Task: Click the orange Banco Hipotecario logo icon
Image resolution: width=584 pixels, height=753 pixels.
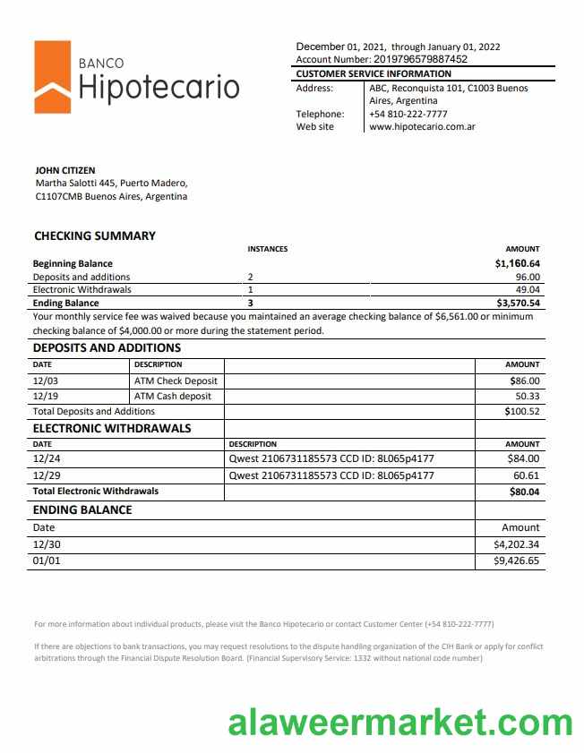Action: [52, 77]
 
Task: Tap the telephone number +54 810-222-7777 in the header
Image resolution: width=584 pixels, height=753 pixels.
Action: [408, 114]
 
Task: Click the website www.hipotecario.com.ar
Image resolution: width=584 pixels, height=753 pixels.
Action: [422, 127]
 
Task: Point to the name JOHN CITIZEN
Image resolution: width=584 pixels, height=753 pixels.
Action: [64, 170]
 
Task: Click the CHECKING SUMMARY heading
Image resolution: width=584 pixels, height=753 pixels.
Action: [94, 235]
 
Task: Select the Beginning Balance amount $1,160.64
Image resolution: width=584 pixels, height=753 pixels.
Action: [517, 264]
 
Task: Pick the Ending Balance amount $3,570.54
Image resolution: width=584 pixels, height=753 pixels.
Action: [517, 304]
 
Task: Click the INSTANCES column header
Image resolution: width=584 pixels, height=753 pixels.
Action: [267, 249]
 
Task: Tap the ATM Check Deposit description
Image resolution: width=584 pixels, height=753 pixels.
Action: [176, 381]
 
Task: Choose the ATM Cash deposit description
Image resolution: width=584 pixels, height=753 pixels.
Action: [172, 396]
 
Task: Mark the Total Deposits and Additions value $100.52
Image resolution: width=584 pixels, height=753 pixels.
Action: [521, 411]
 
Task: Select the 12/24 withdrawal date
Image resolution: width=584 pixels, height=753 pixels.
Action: [46, 459]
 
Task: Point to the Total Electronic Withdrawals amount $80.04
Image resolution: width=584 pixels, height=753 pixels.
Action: [524, 492]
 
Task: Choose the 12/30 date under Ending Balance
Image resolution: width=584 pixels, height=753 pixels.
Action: [46, 544]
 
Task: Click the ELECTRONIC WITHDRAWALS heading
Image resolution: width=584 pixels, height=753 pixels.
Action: [112, 428]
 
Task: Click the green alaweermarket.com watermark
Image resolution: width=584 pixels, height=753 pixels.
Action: [399, 722]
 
